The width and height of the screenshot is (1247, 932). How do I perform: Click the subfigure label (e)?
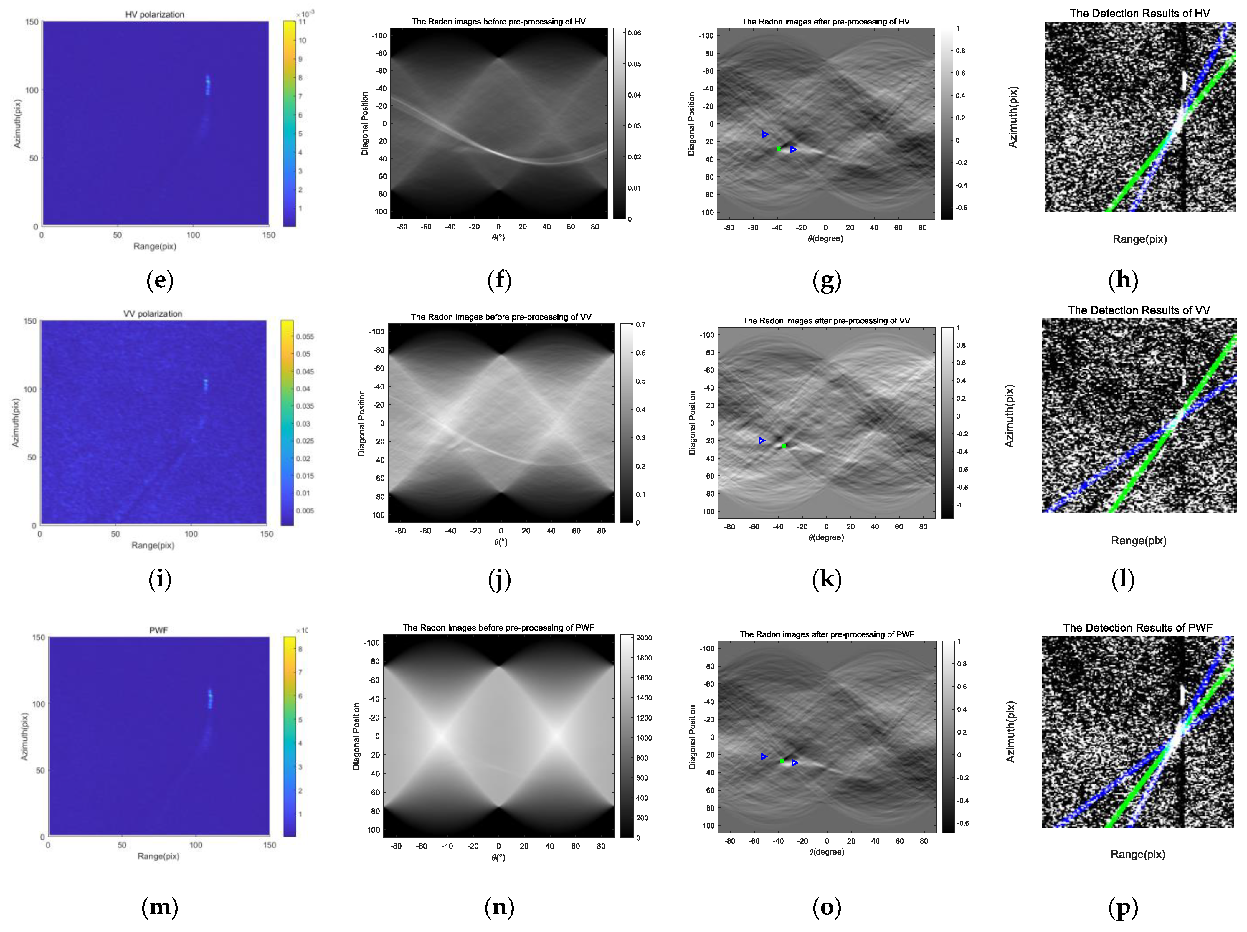(x=160, y=280)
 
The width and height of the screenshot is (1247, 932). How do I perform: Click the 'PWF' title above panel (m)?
(x=158, y=630)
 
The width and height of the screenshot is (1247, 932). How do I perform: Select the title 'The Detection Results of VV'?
(x=1138, y=310)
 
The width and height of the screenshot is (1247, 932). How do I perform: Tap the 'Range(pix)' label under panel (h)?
(x=1139, y=239)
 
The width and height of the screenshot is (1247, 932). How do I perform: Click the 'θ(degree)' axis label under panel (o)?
(x=826, y=852)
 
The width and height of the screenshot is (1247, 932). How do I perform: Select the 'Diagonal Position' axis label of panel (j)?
(x=361, y=423)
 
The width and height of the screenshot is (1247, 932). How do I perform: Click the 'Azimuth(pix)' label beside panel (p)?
(x=1011, y=732)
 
